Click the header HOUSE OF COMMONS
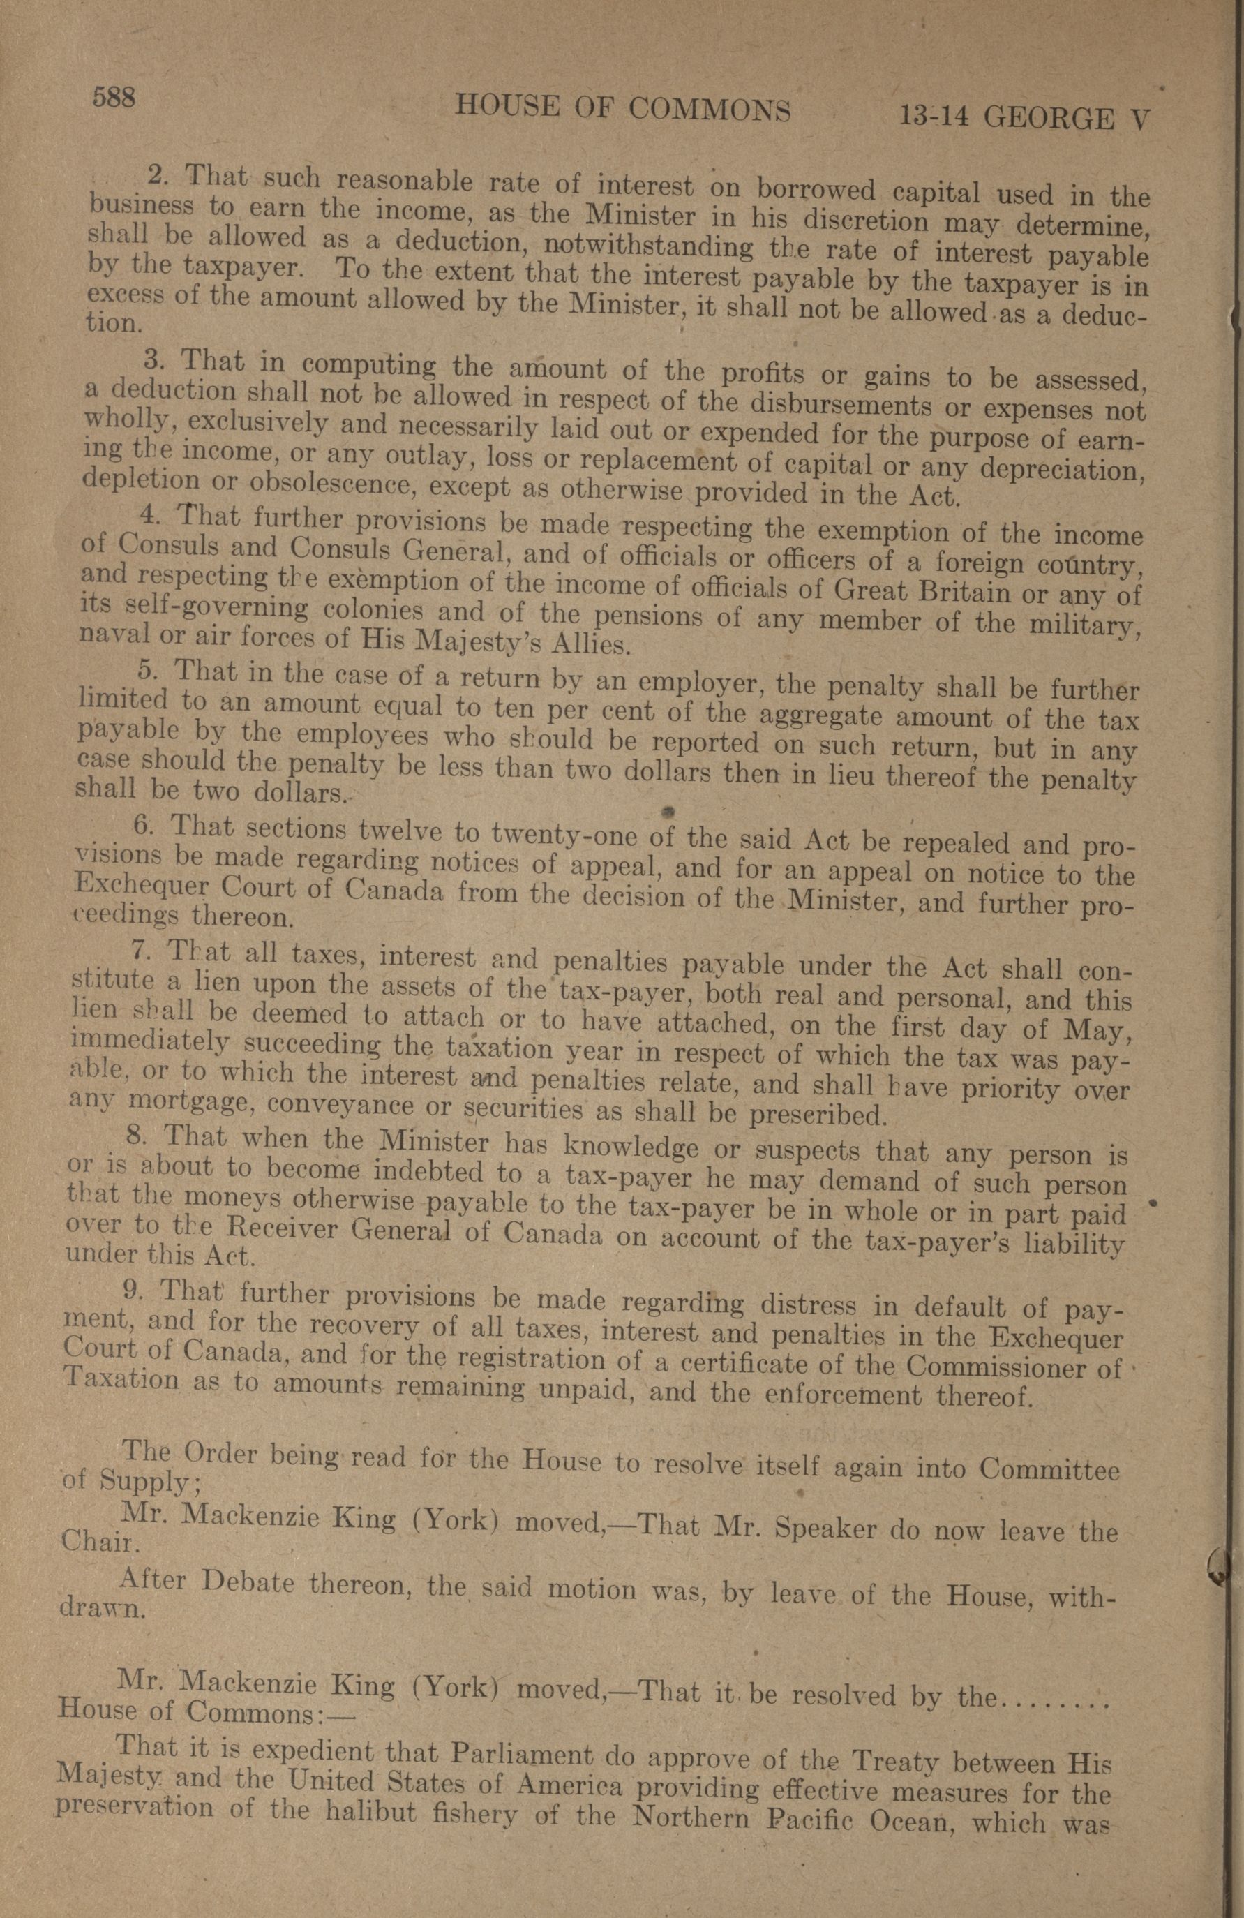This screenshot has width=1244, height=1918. click(x=622, y=107)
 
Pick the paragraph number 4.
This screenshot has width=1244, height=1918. click(x=147, y=513)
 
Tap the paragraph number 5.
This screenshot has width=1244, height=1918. click(x=146, y=671)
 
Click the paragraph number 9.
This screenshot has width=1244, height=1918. click(x=134, y=1291)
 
